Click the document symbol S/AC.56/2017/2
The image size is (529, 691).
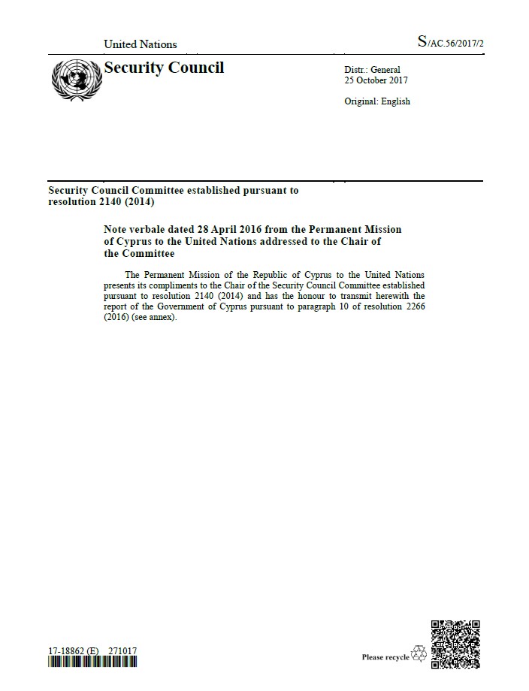450,43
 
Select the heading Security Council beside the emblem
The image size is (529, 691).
164,68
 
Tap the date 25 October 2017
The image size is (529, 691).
376,80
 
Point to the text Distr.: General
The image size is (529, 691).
372,70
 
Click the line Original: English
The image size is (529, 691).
377,101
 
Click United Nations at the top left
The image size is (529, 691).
141,44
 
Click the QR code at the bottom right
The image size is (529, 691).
455,644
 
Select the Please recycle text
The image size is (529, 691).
385,657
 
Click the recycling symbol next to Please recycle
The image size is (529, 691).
419,656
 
